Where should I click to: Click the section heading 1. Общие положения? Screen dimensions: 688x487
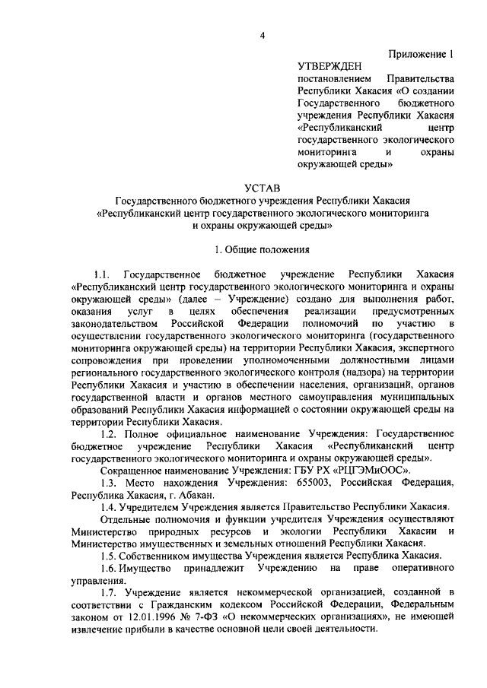(x=263, y=248)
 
